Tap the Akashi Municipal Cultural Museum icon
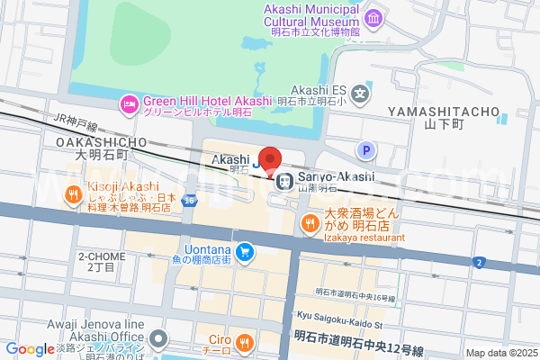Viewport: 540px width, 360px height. click(x=373, y=18)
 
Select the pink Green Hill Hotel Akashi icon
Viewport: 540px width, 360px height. click(x=131, y=105)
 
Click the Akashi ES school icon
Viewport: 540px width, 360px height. click(x=361, y=92)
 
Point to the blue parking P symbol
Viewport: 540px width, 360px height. click(x=365, y=150)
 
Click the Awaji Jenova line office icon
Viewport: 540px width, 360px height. click(x=158, y=339)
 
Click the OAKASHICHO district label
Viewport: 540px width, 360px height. click(x=101, y=142)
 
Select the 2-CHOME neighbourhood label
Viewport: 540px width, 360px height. click(x=100, y=256)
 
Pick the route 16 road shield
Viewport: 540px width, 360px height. click(x=189, y=200)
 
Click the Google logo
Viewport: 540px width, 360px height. click(x=29, y=349)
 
